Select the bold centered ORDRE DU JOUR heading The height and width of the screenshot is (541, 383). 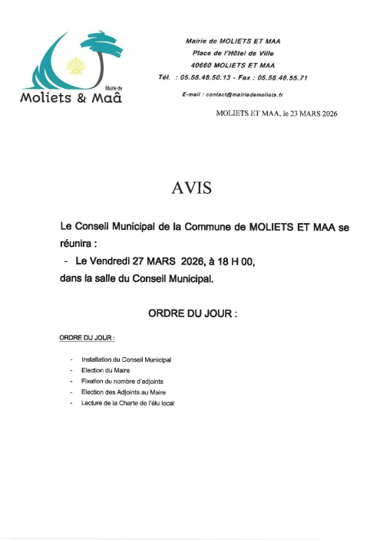click(x=192, y=313)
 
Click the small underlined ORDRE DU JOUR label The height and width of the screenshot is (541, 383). click(x=87, y=337)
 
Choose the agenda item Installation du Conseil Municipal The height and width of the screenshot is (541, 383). click(x=126, y=359)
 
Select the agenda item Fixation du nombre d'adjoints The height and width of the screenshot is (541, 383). click(x=122, y=380)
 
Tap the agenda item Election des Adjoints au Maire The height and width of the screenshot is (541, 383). click(x=123, y=392)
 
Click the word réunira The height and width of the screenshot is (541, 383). click(x=77, y=244)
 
